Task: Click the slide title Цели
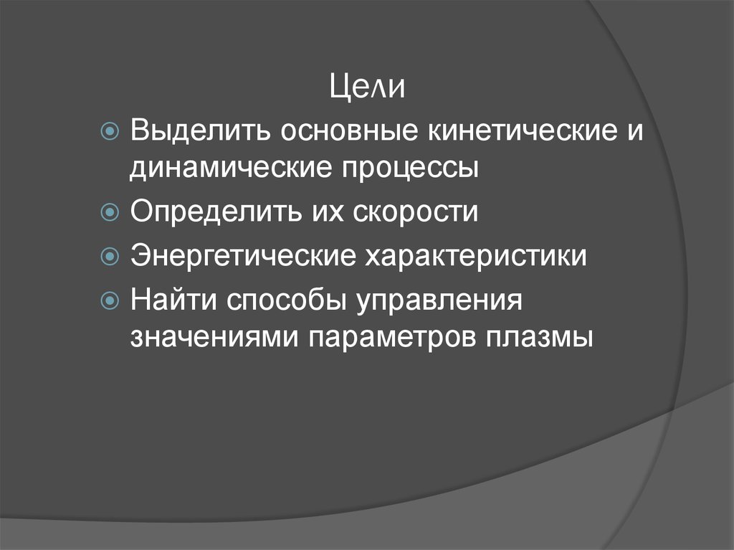pyautogui.click(x=368, y=88)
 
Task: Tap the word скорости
pyautogui.click(x=411, y=214)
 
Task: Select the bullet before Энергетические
pyautogui.click(x=111, y=256)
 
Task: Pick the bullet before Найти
pyautogui.click(x=111, y=298)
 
